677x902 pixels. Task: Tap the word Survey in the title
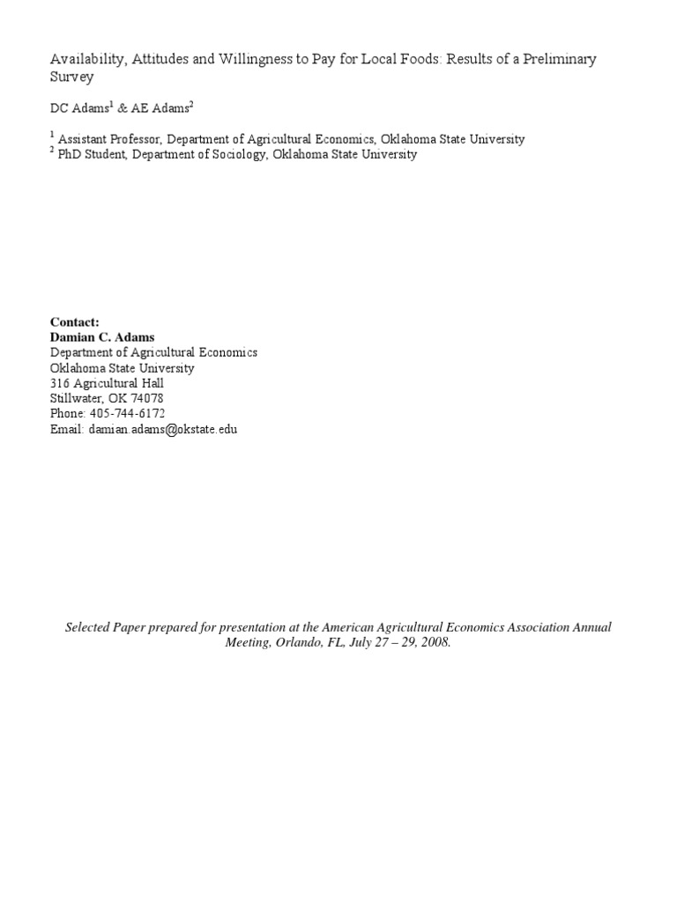pyautogui.click(x=71, y=77)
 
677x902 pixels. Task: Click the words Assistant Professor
pyautogui.click(x=109, y=139)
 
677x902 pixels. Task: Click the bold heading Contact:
pyautogui.click(x=75, y=322)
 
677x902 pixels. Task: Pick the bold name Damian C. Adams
pyautogui.click(x=102, y=337)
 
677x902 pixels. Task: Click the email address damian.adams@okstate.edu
pyautogui.click(x=163, y=430)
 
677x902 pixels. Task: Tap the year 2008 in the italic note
pyautogui.click(x=435, y=643)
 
